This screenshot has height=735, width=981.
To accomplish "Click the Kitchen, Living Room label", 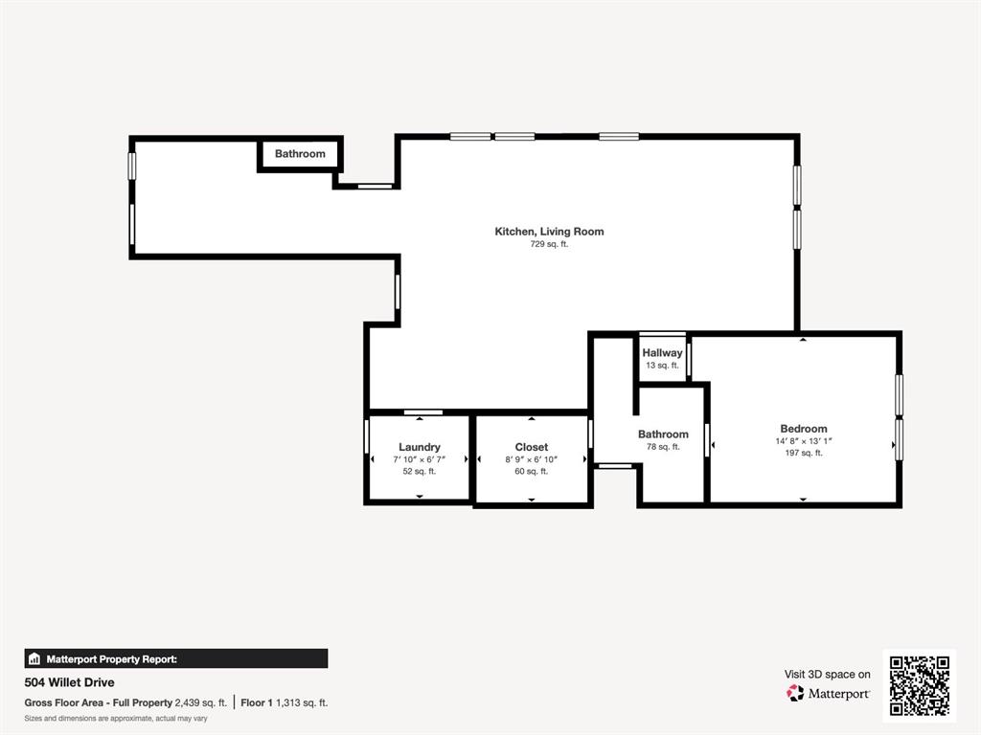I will coord(549,232).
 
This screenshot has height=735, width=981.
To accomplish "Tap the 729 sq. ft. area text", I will coord(549,244).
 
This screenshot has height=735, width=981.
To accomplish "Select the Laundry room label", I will coord(420,447).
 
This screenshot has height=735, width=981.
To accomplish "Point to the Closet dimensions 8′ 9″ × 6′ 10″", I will coord(532,459).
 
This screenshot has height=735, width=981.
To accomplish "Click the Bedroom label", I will coord(803,429).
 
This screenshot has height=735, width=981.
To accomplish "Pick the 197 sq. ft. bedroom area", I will coord(803,453).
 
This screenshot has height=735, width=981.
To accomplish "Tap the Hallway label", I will coord(662,353).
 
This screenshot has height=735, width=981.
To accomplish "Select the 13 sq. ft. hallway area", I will coord(662,366).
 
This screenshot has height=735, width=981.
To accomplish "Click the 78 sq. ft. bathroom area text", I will coord(663,447).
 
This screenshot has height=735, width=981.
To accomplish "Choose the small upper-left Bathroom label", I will coord(300,154).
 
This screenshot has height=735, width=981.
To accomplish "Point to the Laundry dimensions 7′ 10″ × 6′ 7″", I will coord(420,459).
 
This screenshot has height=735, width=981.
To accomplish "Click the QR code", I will coord(919,686).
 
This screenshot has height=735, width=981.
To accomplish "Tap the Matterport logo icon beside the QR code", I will coord(795,693).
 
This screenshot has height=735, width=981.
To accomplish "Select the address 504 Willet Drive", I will coord(69,682).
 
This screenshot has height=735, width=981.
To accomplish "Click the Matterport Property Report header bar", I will coord(176,658).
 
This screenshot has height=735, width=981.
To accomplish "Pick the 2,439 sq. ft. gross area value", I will coord(200,702).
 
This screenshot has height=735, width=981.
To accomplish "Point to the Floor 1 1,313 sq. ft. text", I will coord(284,702).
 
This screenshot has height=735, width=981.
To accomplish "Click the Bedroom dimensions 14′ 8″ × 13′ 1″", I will coord(803,441).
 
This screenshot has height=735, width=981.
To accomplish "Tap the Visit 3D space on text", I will coord(827,674).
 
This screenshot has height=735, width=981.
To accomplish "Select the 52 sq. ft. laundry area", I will coord(420,471).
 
